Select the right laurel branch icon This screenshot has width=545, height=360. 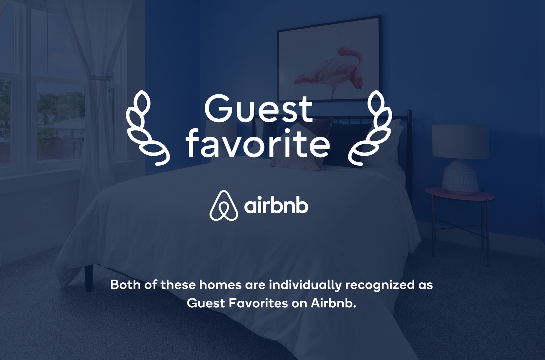(x=370, y=128)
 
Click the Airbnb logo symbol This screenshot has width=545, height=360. (x=223, y=206)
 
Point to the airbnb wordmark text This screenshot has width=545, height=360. (x=276, y=207)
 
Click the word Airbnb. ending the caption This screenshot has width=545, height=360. (x=334, y=303)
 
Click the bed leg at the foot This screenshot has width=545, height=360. (x=89, y=277)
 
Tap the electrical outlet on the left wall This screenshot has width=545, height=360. (x=46, y=208)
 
